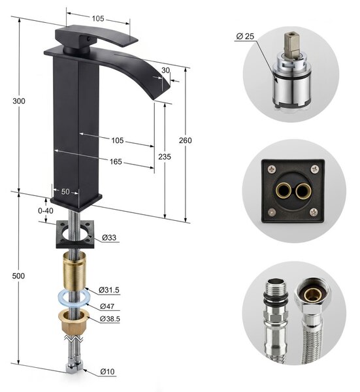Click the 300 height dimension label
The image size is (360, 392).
[x=19, y=101]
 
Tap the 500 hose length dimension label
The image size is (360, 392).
[x=18, y=276]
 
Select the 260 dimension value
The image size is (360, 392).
[x=186, y=140]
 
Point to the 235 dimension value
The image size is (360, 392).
[x=165, y=157]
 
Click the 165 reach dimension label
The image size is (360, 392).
[x=116, y=162]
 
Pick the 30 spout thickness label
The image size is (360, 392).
[x=165, y=71]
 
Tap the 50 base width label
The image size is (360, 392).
[x=65, y=191]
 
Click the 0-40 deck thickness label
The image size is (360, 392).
[x=46, y=211]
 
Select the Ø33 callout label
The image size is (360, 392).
[x=109, y=237]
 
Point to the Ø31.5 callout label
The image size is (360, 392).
[x=109, y=290]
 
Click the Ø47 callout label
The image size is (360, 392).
[x=107, y=306]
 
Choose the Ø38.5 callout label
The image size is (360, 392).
[x=110, y=319]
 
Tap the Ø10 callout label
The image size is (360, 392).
[x=108, y=372]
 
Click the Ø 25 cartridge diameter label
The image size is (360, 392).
[x=245, y=37]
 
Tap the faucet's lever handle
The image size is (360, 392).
[x=96, y=37]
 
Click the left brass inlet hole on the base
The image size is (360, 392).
[x=283, y=191]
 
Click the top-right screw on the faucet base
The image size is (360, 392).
[x=315, y=169]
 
